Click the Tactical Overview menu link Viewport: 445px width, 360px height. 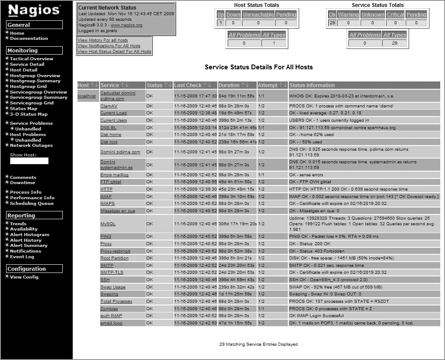[x=32, y=59]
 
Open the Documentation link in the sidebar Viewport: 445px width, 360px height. [x=29, y=39]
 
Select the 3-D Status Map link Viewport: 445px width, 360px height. [x=29, y=114]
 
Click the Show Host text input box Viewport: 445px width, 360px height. [x=29, y=161]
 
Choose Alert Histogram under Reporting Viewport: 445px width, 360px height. [x=29, y=235]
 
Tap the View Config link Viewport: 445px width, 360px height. [x=24, y=277]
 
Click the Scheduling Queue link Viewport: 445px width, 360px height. [x=32, y=204]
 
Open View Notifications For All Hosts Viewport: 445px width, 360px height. [x=109, y=46]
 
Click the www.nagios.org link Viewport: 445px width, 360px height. [x=126, y=25]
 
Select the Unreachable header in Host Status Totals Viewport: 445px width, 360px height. [x=258, y=15]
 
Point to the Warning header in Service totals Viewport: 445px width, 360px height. [x=348, y=15]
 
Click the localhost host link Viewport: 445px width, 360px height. [x=87, y=96]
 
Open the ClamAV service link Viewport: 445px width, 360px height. [x=109, y=106]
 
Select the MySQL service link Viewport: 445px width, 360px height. [x=108, y=224]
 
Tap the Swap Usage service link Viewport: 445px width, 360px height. [x=113, y=287]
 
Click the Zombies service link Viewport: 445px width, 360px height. [x=109, y=309]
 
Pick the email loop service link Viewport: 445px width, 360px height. [x=111, y=323]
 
